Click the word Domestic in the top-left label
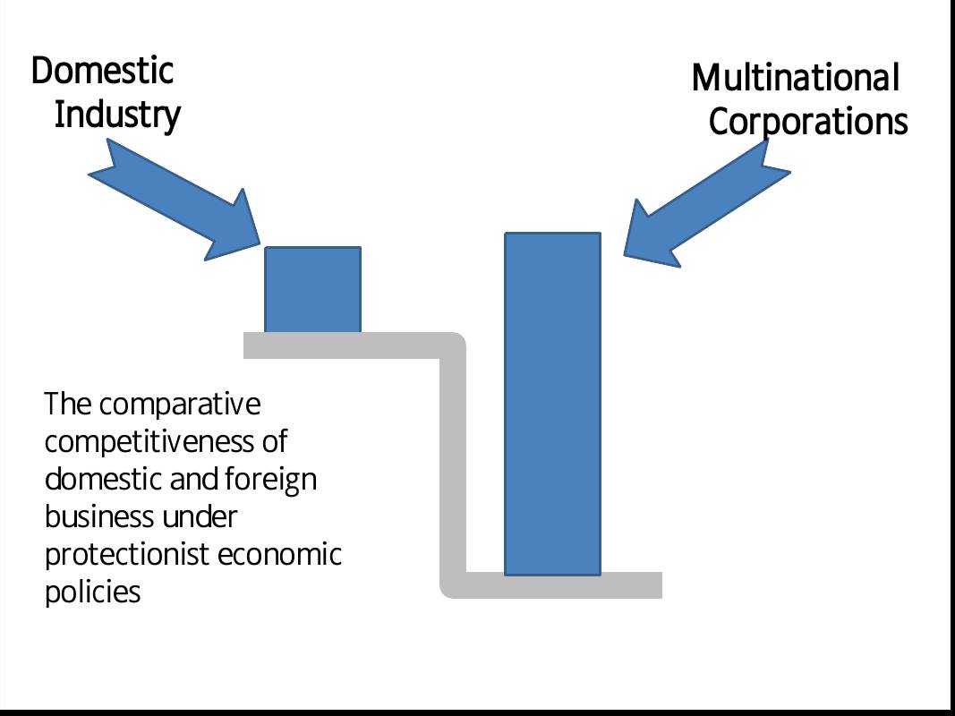[102, 72]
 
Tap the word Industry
[117, 115]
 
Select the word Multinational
[795, 78]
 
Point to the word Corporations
[808, 122]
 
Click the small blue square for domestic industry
[312, 289]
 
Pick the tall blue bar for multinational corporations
[552, 403]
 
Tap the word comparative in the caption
[180, 405]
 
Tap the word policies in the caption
[92, 592]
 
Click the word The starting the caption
[68, 405]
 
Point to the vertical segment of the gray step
[453, 465]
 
